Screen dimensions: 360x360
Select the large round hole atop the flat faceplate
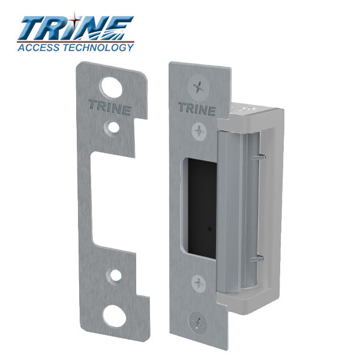tap(109, 87)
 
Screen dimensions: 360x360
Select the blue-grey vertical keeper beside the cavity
tap(231, 204)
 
